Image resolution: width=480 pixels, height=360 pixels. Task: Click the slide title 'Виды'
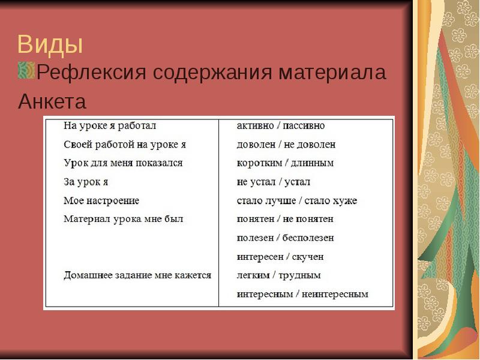pyautogui.click(x=50, y=45)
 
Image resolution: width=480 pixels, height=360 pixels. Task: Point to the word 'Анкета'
pyautogui.click(x=52, y=101)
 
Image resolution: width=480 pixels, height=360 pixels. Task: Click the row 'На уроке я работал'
pyautogui.click(x=110, y=126)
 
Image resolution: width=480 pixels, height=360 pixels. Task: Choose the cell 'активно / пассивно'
pyautogui.click(x=281, y=126)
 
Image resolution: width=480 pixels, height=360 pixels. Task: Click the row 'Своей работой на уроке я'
pyautogui.click(x=125, y=145)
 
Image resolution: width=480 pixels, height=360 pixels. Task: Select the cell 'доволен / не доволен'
pyautogui.click(x=286, y=145)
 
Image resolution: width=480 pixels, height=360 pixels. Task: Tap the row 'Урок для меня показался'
pyautogui.click(x=123, y=163)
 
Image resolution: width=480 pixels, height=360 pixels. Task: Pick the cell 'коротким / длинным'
pyautogui.click(x=285, y=163)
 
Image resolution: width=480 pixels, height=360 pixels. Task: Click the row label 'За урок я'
pyautogui.click(x=86, y=182)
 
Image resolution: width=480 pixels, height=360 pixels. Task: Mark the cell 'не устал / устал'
pyautogui.click(x=274, y=182)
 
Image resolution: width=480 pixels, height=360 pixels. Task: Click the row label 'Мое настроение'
pyautogui.click(x=101, y=200)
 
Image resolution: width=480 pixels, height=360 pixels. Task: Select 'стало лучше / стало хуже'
pyautogui.click(x=297, y=200)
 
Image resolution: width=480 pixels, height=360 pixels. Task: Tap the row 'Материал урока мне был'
pyautogui.click(x=124, y=219)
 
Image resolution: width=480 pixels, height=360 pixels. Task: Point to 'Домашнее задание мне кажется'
pyautogui.click(x=137, y=275)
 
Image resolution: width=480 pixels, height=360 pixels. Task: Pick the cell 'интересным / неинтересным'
pyautogui.click(x=302, y=294)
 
